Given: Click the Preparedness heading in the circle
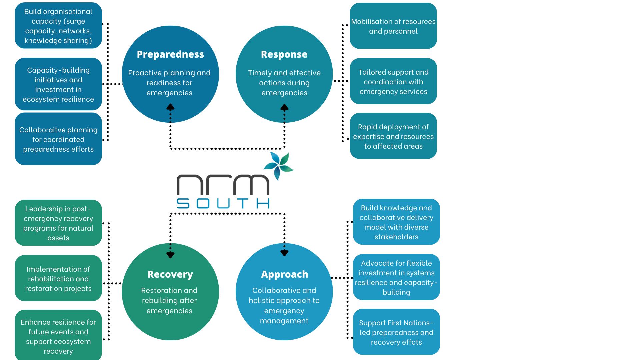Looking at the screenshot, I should pyautogui.click(x=170, y=54).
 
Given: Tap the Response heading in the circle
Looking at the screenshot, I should pyautogui.click(x=284, y=54).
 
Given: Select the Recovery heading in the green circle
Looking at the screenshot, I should pyautogui.click(x=170, y=274).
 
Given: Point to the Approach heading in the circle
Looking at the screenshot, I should pyautogui.click(x=284, y=274).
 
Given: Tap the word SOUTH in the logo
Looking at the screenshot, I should pyautogui.click(x=223, y=203).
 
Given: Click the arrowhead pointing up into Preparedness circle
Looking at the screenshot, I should pyautogui.click(x=170, y=107).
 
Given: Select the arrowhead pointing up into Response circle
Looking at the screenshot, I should pyautogui.click(x=284, y=108).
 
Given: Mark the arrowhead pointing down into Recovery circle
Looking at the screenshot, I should pyautogui.click(x=170, y=255).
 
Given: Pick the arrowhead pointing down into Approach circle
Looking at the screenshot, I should pyautogui.click(x=284, y=253).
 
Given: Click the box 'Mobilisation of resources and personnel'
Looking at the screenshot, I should pyautogui.click(x=393, y=26).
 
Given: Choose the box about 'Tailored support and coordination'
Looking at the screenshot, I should pyautogui.click(x=393, y=81).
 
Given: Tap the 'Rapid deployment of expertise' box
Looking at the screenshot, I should pyautogui.click(x=393, y=136).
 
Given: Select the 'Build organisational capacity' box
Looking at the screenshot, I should pyautogui.click(x=58, y=26).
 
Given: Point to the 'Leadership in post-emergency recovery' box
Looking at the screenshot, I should pyautogui.click(x=58, y=223).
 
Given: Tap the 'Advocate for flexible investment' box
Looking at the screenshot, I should pyautogui.click(x=396, y=277).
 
